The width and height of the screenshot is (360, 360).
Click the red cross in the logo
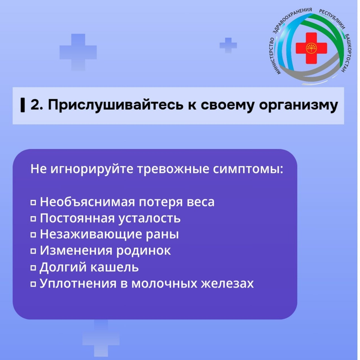click(x=311, y=48)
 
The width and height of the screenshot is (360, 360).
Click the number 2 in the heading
click(x=34, y=105)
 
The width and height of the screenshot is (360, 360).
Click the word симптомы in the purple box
click(x=247, y=169)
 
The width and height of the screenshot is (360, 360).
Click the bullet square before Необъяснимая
click(x=33, y=202)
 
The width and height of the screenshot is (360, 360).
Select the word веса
click(x=201, y=202)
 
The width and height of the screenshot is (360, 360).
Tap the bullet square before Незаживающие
click(x=33, y=235)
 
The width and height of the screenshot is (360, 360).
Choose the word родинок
click(x=143, y=251)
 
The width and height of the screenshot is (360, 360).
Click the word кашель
click(x=114, y=267)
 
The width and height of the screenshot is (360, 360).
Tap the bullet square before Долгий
click(x=33, y=267)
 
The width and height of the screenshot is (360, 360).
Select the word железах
click(x=227, y=283)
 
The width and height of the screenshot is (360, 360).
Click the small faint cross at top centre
click(x=228, y=45)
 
